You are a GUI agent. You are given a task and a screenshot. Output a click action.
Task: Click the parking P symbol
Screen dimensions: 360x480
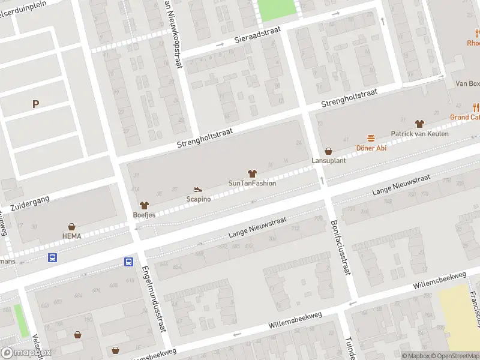click(35, 104)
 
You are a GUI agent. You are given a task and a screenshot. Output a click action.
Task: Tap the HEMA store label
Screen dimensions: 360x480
click(71, 236)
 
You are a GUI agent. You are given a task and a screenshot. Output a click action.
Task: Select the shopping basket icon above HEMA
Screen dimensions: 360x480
click(72, 227)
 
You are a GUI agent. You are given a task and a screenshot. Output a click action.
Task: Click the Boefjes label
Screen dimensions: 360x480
click(144, 214)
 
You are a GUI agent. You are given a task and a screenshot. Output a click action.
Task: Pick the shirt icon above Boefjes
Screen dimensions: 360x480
click(144, 205)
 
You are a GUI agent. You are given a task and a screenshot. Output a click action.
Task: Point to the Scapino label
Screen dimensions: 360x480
click(199, 199)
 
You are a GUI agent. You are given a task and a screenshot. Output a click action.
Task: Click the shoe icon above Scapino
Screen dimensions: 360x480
click(199, 190)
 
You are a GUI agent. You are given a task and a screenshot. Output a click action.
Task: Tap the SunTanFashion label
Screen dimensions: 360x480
click(252, 183)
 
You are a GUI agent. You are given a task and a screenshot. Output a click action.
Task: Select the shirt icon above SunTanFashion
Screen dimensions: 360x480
click(252, 173)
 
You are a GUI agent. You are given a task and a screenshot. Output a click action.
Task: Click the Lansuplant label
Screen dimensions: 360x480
click(328, 161)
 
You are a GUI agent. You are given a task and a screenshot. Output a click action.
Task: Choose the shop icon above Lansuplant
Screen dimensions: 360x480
click(328, 151)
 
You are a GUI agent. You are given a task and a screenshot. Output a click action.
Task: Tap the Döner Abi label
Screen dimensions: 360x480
click(371, 148)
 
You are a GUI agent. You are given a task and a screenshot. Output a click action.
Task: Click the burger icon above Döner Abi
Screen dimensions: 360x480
click(371, 138)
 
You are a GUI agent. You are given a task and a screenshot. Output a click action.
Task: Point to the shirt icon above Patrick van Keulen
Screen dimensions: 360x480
click(419, 123)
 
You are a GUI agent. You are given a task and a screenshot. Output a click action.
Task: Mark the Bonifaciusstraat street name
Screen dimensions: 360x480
click(339, 247)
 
